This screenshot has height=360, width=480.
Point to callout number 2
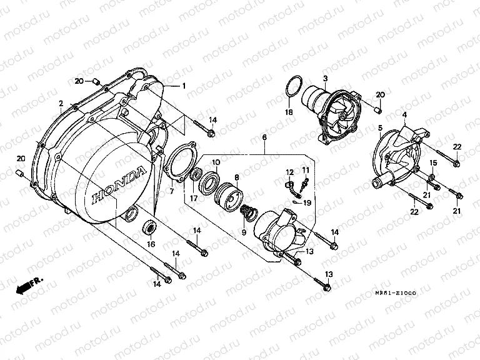61,102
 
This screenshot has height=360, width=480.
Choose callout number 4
405,115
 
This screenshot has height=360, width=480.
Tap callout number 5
380,128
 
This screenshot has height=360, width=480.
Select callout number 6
264,137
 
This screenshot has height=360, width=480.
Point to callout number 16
151,244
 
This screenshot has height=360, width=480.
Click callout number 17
194,199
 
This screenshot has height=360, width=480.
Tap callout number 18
288,112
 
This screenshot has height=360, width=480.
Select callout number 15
432,163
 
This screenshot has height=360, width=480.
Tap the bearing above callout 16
149,227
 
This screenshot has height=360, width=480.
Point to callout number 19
307,203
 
